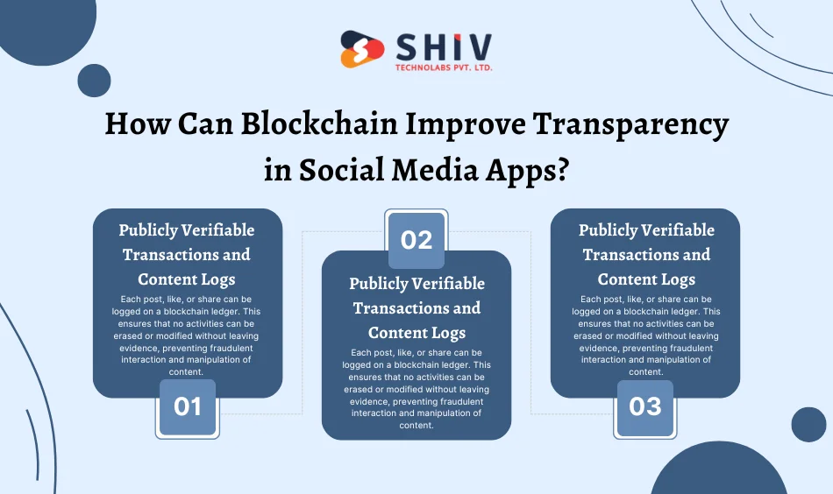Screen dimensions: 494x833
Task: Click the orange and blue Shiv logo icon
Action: click(361, 50)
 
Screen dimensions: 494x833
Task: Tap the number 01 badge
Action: click(187, 408)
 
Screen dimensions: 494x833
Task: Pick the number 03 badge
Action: click(645, 408)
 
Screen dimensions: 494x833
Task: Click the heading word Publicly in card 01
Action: click(149, 230)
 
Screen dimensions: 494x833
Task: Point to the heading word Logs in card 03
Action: click(677, 279)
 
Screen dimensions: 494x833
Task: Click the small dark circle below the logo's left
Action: click(94, 81)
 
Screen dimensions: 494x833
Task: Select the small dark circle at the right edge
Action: click(808, 424)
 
